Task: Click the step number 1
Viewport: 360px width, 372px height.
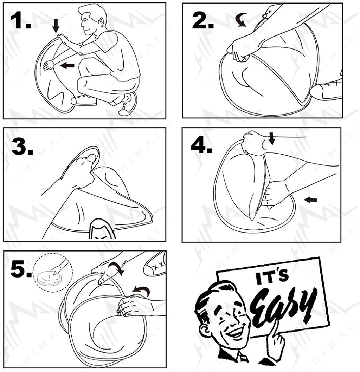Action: coord(21,20)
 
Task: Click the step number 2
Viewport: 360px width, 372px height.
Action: coord(203,20)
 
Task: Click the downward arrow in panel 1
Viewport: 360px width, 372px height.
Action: coord(56,26)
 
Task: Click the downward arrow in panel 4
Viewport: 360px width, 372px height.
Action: coord(272,138)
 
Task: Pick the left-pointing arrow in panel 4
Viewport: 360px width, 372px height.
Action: coord(311,200)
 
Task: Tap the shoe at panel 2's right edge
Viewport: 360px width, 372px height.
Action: coord(327,91)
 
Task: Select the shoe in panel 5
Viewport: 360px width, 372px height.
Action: coord(155,263)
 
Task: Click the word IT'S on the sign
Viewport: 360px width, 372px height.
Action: coord(272,278)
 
